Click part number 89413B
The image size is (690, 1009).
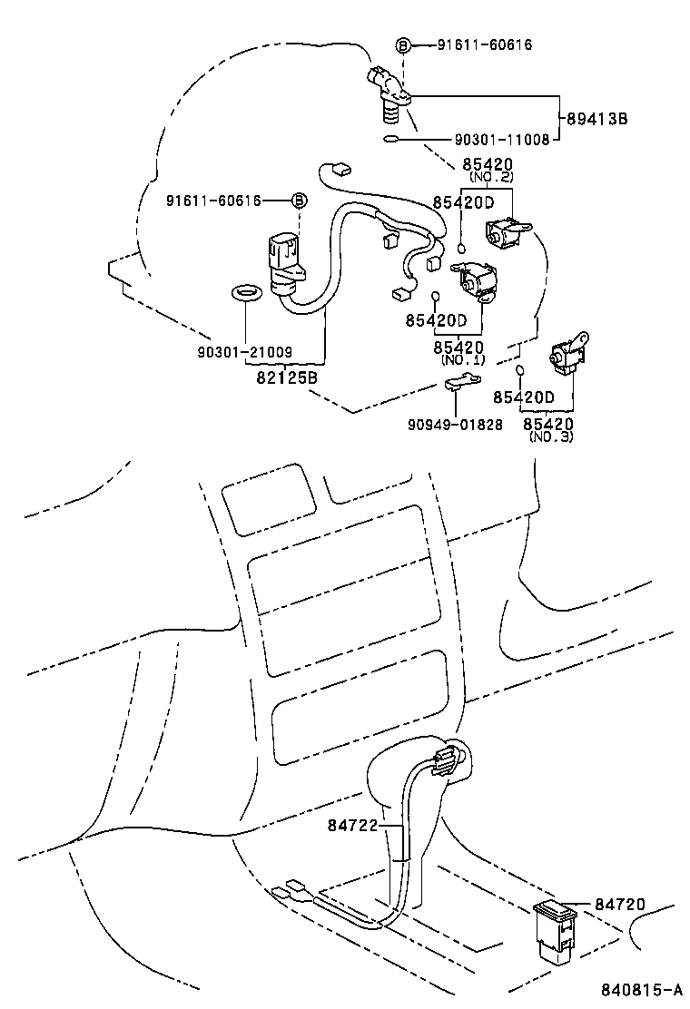(597, 118)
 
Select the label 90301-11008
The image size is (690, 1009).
(502, 139)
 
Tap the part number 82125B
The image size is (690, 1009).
(287, 377)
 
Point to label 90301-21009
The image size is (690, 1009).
(244, 352)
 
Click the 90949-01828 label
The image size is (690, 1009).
(455, 425)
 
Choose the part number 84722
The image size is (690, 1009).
(352, 825)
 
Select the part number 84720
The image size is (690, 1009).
(619, 904)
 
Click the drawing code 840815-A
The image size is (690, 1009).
(642, 989)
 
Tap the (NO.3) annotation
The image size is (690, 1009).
(551, 436)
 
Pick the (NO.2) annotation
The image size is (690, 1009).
(491, 177)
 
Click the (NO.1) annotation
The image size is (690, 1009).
(463, 359)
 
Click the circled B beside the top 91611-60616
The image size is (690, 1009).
(403, 45)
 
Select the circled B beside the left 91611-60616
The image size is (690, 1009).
(300, 201)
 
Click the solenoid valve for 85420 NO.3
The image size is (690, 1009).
(567, 352)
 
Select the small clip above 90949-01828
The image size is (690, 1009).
(462, 382)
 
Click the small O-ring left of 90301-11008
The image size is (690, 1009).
(390, 138)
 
